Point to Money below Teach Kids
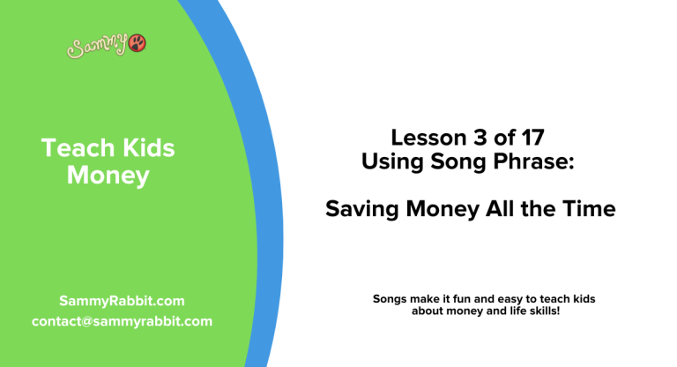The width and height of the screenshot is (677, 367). (x=108, y=176)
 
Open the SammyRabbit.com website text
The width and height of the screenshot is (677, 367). (x=122, y=301)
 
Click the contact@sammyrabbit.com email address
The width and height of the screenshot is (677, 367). (x=122, y=321)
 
